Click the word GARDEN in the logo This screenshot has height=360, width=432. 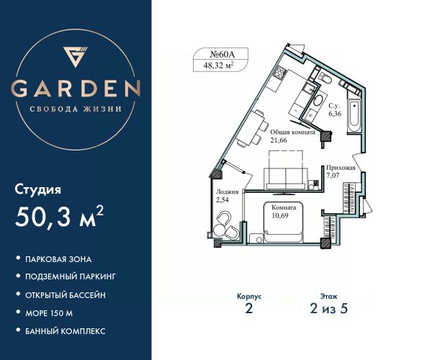pos(76,89)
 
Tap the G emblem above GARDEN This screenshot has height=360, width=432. pos(76,57)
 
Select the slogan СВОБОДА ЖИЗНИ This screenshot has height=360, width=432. pos(76,109)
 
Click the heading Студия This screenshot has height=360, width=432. pos(38,190)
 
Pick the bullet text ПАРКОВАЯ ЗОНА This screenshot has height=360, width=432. pos(60,258)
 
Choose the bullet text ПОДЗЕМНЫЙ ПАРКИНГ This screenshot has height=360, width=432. pos(71,276)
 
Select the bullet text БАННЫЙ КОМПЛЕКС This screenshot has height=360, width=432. pos(66,330)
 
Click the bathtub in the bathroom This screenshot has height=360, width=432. pos(354,115)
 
